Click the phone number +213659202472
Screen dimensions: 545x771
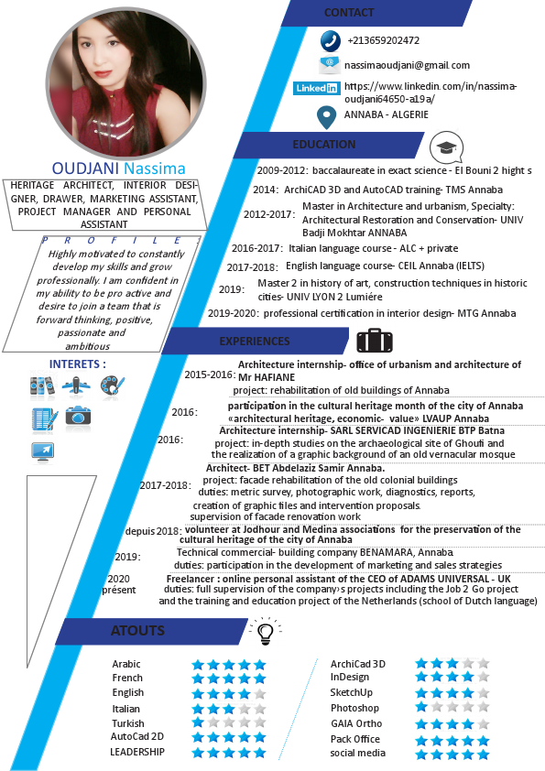tap(383, 40)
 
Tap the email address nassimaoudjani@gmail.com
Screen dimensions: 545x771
tap(407, 65)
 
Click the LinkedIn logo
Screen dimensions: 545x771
tap(315, 88)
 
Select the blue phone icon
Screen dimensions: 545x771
tap(330, 41)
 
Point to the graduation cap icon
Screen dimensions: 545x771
tap(446, 147)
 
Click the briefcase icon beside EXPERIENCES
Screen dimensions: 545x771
tap(374, 342)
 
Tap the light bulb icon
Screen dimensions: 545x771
tap(266, 631)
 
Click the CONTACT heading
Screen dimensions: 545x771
tap(349, 13)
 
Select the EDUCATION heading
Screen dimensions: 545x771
tap(324, 145)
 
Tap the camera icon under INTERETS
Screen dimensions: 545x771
tap(78, 416)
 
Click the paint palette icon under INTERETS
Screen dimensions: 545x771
tap(113, 385)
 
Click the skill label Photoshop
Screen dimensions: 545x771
tap(354, 708)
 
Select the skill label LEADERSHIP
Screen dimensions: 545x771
tap(137, 752)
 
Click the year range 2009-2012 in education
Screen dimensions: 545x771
tap(281, 170)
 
